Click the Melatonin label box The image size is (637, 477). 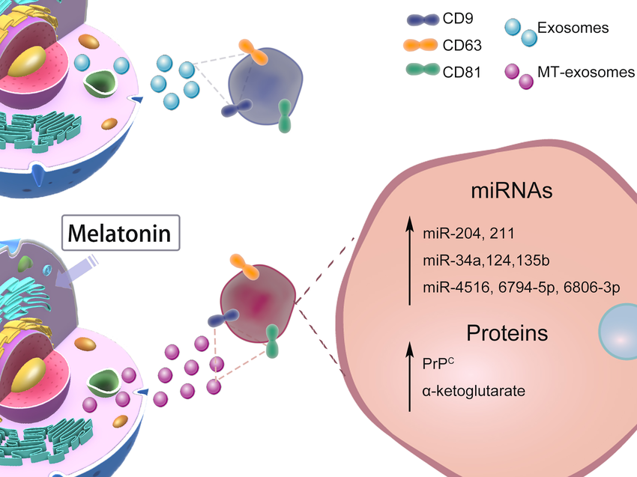click(120, 234)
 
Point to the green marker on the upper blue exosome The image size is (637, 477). click(285, 116)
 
